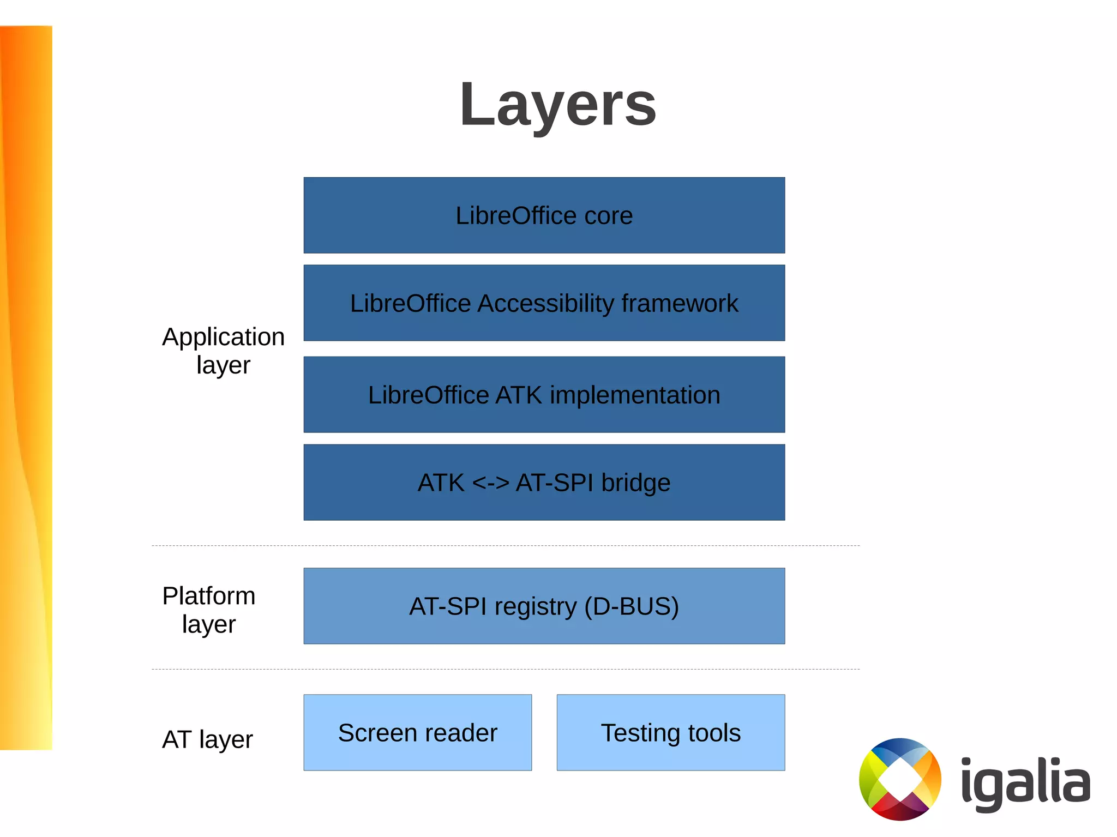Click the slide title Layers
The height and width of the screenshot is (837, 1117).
pos(557,104)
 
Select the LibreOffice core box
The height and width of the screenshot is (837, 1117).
pos(544,215)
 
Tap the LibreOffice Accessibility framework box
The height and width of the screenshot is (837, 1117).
pos(544,303)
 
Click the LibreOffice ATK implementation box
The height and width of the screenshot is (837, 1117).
pos(544,394)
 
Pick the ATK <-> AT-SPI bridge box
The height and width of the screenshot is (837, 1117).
pos(544,482)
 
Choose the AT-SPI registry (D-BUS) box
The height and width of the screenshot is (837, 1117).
pos(544,606)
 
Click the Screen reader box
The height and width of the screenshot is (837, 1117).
pos(417,732)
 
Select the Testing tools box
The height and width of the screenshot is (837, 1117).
pos(670,732)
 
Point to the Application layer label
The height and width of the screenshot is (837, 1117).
pos(223,351)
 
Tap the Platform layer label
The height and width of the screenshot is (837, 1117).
pos(209,610)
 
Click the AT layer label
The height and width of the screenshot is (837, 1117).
pos(207,739)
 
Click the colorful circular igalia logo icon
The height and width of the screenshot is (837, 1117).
pos(900,779)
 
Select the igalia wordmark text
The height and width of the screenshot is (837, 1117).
pos(1025,782)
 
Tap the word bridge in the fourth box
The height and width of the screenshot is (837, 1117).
pos(635,483)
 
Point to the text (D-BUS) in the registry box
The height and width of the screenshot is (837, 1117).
pos(631,606)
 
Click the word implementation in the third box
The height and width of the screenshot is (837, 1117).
pos(635,395)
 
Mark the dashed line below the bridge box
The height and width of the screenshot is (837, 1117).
pos(505,545)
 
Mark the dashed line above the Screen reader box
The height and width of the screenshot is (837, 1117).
pos(505,669)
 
